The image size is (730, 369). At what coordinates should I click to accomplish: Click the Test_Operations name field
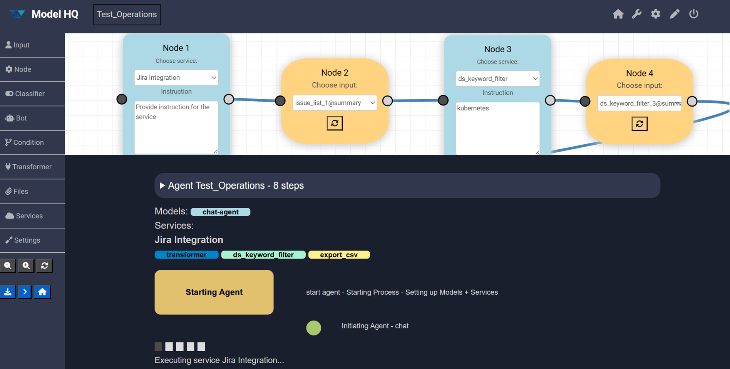(x=127, y=15)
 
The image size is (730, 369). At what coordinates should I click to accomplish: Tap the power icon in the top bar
(x=693, y=14)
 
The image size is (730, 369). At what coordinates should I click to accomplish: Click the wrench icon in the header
(x=636, y=14)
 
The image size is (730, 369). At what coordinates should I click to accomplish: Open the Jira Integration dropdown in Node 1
(x=176, y=77)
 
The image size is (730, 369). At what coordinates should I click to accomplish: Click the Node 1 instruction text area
(x=176, y=127)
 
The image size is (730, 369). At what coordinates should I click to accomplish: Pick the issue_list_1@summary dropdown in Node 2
(x=335, y=103)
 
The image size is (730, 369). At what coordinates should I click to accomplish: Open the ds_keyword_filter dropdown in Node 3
(x=497, y=78)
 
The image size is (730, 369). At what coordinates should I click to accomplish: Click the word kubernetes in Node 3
(x=473, y=108)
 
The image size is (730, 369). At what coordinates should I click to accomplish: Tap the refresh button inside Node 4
(x=640, y=124)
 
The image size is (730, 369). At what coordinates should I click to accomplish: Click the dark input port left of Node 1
(x=122, y=99)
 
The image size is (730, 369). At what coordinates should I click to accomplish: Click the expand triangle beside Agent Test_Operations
(x=162, y=185)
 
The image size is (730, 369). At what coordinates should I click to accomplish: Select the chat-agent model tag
(x=221, y=212)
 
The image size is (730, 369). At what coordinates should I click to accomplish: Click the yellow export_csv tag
(x=339, y=255)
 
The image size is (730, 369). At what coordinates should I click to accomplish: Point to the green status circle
(x=313, y=328)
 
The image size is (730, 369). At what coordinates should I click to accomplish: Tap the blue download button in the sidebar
(x=8, y=292)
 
